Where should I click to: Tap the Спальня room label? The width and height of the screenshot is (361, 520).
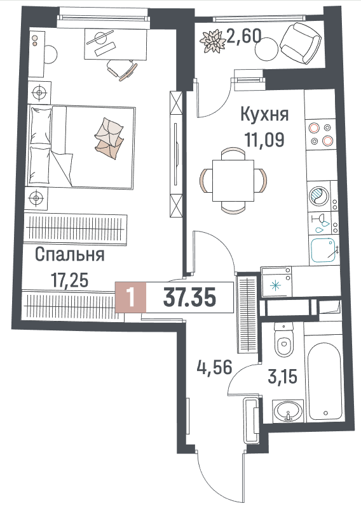point(70,255)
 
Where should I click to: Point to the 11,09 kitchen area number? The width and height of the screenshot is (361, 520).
point(264,140)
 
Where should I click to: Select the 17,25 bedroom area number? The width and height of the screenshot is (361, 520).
point(70,280)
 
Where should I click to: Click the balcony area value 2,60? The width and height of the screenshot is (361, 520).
point(243,36)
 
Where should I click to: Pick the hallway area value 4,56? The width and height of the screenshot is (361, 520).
point(214,368)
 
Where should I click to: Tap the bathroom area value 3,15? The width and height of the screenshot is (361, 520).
point(282,377)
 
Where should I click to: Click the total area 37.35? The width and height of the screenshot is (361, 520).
point(190,297)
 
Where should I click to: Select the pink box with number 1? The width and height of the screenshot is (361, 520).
point(131,297)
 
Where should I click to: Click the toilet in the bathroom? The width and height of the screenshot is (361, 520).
point(284,340)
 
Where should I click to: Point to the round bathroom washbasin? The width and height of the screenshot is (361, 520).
point(288,411)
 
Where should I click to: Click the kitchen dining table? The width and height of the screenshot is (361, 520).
point(233,180)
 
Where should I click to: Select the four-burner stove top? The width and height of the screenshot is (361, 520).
point(321,134)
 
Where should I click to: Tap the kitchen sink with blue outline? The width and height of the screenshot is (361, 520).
point(323,250)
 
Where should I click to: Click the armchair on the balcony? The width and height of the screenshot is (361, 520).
point(301,42)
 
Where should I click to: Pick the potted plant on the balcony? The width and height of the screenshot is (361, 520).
point(211,41)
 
